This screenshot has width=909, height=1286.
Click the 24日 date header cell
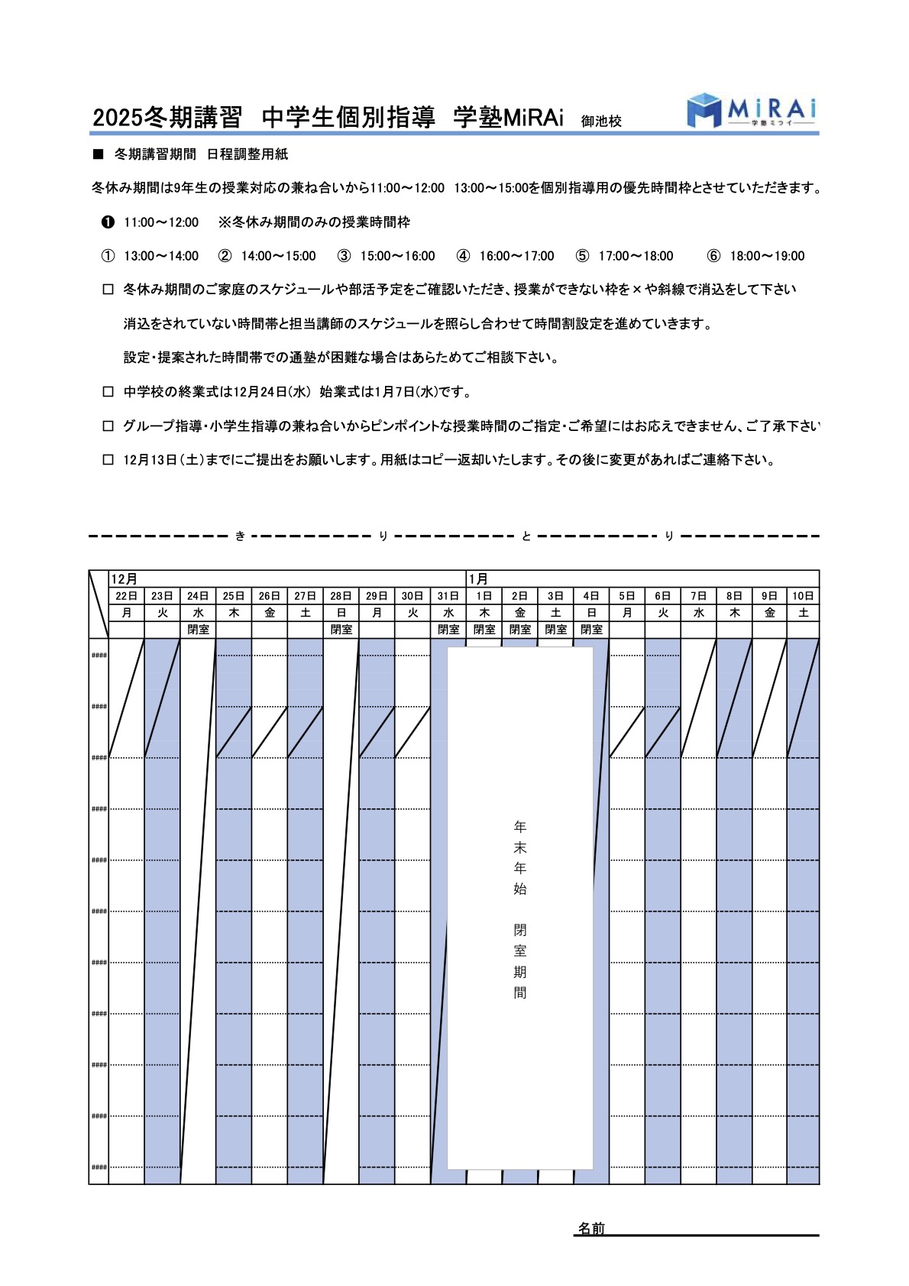(198, 596)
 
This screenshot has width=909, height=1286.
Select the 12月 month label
(124, 579)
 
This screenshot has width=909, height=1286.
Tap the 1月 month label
(478, 579)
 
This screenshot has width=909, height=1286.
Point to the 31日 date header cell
(448, 596)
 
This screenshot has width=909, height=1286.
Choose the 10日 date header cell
(803, 596)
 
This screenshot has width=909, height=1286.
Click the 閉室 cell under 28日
(341, 630)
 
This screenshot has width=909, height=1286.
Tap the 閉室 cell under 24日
(198, 630)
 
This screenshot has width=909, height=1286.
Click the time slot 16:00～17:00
(516, 256)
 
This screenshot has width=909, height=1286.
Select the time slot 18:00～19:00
(767, 256)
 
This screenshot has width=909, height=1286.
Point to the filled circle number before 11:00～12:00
(108, 222)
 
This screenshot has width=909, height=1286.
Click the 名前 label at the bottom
(591, 1228)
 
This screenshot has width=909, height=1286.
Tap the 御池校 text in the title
(601, 121)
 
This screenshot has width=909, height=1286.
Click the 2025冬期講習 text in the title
(167, 117)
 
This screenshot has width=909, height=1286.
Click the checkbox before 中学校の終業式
(108, 392)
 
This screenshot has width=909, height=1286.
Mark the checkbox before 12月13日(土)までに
(108, 460)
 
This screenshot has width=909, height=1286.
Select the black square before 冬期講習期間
(98, 154)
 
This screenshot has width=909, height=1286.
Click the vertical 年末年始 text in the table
(520, 857)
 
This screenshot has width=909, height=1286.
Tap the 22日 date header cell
(127, 596)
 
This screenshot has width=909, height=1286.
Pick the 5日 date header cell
(627, 596)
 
